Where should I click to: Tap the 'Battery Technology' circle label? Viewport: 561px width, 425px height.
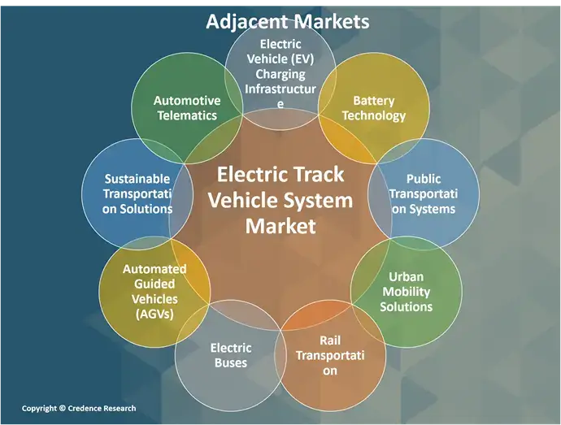[373, 108]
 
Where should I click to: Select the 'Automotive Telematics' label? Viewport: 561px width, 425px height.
[187, 108]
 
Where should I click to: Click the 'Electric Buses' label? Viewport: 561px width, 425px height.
[231, 355]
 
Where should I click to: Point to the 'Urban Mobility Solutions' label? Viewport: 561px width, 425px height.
[406, 292]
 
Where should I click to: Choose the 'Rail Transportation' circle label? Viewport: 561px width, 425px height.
[329, 356]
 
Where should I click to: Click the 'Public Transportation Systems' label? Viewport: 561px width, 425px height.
[424, 194]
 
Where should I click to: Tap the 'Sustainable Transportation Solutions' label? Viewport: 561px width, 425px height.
[138, 193]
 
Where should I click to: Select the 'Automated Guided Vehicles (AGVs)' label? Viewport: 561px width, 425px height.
[154, 292]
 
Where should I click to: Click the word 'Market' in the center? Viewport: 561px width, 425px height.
[280, 225]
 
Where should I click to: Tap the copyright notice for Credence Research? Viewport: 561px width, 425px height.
[79, 408]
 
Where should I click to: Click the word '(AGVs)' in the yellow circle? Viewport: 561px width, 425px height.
[154, 314]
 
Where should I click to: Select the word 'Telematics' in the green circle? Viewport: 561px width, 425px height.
[187, 115]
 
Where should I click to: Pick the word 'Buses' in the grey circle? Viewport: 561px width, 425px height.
[231, 362]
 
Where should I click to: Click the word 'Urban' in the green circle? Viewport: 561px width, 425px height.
[406, 277]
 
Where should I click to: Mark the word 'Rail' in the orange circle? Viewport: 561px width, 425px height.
[330, 341]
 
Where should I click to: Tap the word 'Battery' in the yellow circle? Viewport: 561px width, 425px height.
[374, 101]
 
